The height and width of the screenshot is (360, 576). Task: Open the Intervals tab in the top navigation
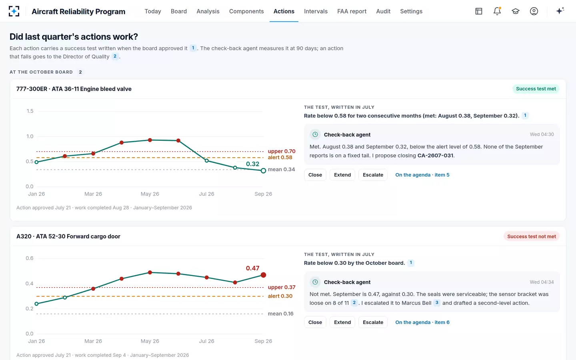tap(316, 11)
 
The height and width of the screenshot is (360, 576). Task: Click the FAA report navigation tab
tap(352, 11)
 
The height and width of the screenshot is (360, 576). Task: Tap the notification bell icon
tap(497, 11)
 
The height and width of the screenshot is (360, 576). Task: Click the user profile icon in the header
tap(534, 11)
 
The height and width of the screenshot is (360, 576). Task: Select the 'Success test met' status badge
tap(536, 89)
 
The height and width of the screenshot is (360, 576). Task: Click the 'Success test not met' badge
tap(532, 236)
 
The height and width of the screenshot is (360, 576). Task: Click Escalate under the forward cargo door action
tap(373, 322)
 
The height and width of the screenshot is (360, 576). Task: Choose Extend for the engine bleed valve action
tap(342, 175)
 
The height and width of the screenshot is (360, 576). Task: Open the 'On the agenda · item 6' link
tap(422, 322)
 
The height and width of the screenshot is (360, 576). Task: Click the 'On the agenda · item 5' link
tap(422, 175)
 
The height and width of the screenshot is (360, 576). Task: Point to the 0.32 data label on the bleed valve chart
tap(252, 164)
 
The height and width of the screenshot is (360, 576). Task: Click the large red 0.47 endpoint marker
tap(263, 275)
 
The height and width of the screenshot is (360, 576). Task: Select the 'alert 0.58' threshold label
tap(280, 157)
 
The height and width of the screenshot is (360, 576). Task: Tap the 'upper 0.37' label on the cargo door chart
tap(282, 287)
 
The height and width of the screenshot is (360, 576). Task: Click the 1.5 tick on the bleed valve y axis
tap(30, 111)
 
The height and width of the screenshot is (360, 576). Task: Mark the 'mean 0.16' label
tap(280, 314)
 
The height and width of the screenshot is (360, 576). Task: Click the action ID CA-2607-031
tap(435, 156)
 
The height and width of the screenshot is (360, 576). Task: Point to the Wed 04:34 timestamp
tap(542, 282)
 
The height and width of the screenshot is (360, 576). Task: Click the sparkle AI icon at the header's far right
tap(560, 11)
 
